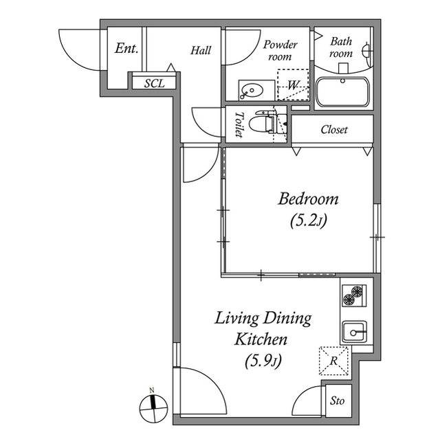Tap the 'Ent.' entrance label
pyautogui.click(x=126, y=49)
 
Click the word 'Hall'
pyautogui.click(x=201, y=50)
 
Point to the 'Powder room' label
pyautogui.click(x=280, y=51)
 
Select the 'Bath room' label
pyautogui.click(x=341, y=47)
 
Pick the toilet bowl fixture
pyautogui.click(x=262, y=124)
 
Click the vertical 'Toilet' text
pyautogui.click(x=239, y=124)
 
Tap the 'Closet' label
pyautogui.click(x=334, y=129)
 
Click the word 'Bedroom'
pyautogui.click(x=308, y=199)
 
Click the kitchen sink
pyautogui.click(x=355, y=333)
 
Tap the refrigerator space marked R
pyautogui.click(x=334, y=360)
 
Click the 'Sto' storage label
pyautogui.click(x=338, y=401)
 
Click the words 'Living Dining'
pyautogui.click(x=263, y=318)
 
